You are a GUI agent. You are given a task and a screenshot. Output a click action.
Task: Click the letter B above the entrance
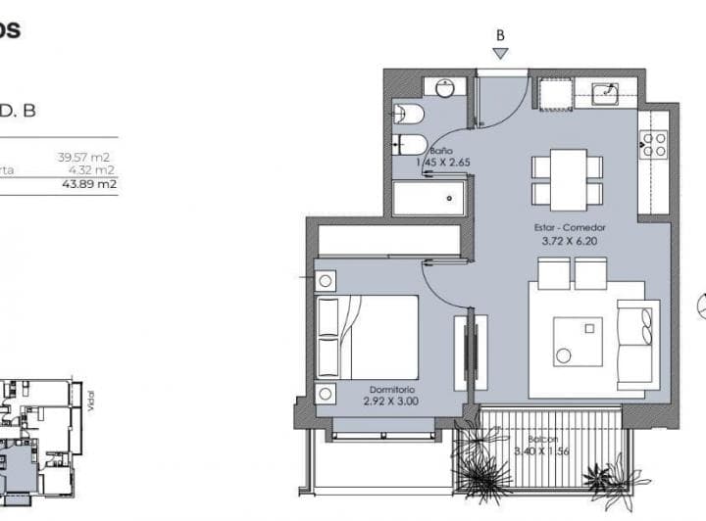click(x=500, y=34)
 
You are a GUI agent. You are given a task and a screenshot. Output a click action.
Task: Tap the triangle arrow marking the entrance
click(x=500, y=53)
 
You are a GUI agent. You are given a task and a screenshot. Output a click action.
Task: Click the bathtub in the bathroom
click(x=429, y=198)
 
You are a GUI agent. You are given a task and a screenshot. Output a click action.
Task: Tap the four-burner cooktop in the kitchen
click(x=654, y=146)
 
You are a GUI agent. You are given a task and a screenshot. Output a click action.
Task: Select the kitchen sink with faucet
click(x=608, y=94)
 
